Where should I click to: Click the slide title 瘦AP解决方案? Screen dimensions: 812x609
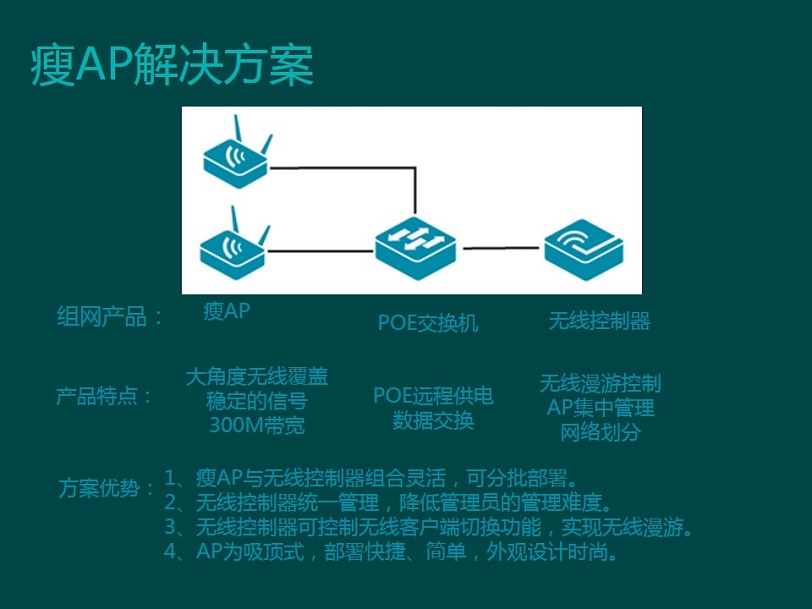[x=172, y=65]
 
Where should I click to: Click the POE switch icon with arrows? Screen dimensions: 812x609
[x=416, y=248]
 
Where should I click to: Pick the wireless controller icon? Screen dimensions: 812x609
[x=584, y=250]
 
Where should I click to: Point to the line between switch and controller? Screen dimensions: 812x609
[x=501, y=248]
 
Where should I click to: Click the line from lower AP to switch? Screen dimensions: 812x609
[x=321, y=251]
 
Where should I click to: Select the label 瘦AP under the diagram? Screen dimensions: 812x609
[x=227, y=311]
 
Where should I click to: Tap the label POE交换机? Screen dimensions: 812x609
[x=428, y=323]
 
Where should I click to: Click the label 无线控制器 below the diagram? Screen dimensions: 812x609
[x=599, y=321]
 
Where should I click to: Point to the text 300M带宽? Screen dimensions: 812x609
[x=257, y=425]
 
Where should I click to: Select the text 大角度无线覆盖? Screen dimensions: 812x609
[x=257, y=376]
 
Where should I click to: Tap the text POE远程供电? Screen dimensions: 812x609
[x=433, y=396]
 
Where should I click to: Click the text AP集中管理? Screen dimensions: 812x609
[x=601, y=408]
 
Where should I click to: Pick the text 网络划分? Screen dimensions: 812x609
[x=601, y=432]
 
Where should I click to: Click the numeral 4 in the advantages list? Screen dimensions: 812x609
[x=170, y=551]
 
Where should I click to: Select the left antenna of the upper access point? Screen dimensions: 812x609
[x=238, y=128]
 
